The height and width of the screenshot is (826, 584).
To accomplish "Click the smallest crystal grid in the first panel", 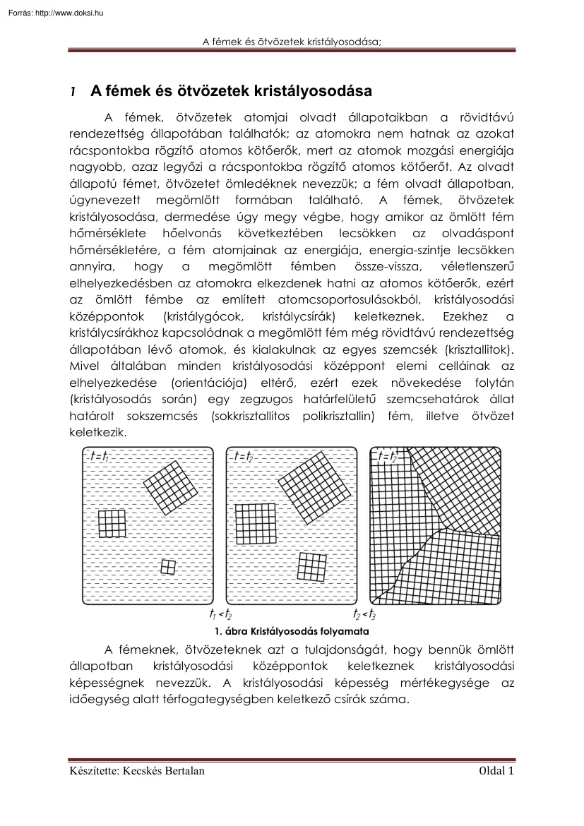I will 168,566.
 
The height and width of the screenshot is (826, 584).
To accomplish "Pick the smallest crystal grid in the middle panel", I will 311,566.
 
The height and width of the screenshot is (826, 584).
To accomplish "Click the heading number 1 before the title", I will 72,92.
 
